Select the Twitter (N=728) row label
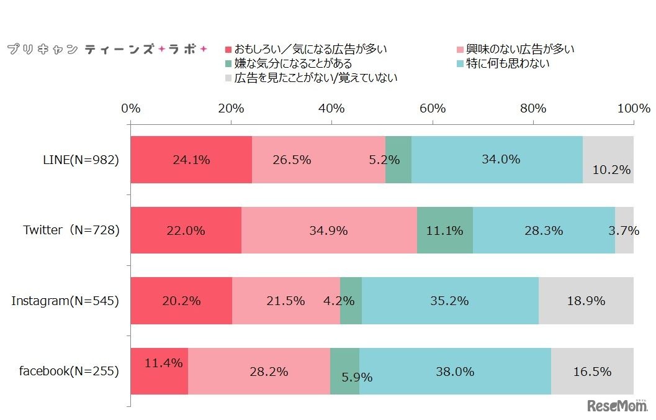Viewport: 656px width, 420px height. [x=71, y=230]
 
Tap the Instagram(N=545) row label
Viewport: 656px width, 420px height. [x=65, y=301]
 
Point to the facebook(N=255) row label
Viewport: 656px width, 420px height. [x=69, y=372]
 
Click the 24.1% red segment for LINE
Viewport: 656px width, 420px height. [x=191, y=160]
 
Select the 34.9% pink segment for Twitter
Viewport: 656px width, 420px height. [x=329, y=230]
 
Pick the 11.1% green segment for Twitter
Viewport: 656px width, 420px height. [x=445, y=230]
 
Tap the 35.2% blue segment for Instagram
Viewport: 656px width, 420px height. [x=450, y=301]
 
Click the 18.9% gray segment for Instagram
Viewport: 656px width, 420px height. [x=586, y=301]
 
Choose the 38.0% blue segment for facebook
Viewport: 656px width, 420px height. [x=455, y=372]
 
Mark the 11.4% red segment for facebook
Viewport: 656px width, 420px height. [x=160, y=372]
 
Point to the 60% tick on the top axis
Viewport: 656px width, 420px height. [x=433, y=108]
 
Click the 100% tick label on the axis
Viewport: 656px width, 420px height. [x=634, y=108]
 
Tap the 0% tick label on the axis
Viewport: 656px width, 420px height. [x=131, y=108]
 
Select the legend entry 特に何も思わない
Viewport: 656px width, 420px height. [x=503, y=63]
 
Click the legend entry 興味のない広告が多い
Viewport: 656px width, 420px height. [x=514, y=49]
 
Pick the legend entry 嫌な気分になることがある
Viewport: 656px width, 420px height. [x=288, y=63]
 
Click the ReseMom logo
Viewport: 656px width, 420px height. [x=616, y=405]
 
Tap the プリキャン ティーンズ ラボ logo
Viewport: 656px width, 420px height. [x=106, y=49]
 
